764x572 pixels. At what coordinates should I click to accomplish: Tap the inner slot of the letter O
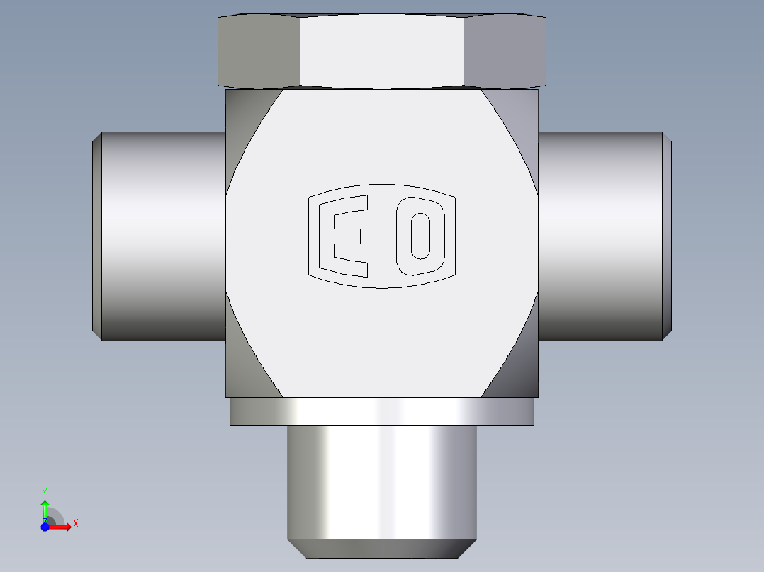click(x=420, y=236)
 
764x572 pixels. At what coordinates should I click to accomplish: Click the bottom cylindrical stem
click(x=382, y=482)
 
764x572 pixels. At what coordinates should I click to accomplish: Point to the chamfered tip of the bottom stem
click(x=382, y=549)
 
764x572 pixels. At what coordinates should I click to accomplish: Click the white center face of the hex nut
click(x=382, y=51)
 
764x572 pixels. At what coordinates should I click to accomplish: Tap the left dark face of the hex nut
click(x=259, y=52)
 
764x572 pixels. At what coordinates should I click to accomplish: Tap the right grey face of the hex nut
click(x=505, y=52)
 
